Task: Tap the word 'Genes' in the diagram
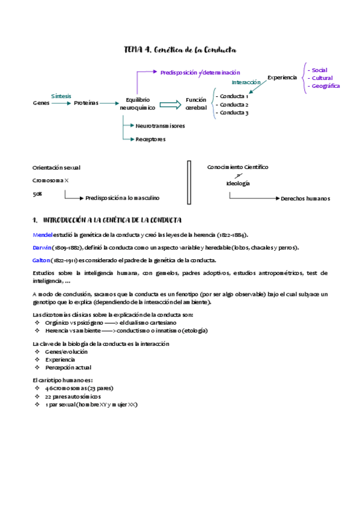(41, 103)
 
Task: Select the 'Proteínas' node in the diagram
(86, 103)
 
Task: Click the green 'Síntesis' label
(61, 96)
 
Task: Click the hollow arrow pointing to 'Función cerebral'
(170, 104)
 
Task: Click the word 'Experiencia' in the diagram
(282, 78)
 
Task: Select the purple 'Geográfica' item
(325, 86)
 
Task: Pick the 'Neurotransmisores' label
(160, 126)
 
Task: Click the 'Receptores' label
(150, 139)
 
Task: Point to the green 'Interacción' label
(246, 82)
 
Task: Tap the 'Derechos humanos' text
(305, 198)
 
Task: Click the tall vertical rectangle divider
(189, 182)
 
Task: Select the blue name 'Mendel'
(42, 235)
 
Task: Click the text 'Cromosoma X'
(51, 180)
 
